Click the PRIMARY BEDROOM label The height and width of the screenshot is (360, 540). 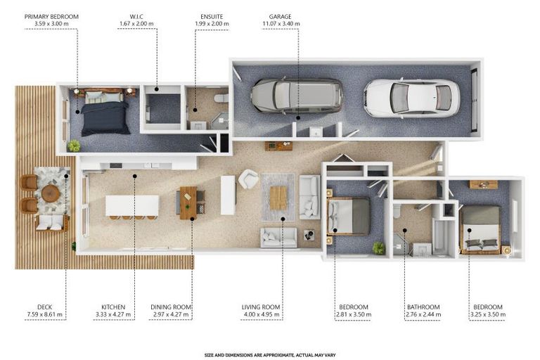[51, 15]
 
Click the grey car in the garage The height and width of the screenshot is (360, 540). [297, 96]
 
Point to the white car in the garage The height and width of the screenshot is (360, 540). [411, 97]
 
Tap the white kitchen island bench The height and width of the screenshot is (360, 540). [132, 205]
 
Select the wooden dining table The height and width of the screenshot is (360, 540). [188, 202]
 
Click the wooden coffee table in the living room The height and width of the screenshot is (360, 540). [278, 198]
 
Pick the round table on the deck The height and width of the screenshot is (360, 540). [51, 193]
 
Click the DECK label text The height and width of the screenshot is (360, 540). [44, 307]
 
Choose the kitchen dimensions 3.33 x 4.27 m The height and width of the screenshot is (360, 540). [112, 315]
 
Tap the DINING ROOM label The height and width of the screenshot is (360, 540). [172, 307]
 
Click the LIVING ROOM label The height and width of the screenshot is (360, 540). [262, 307]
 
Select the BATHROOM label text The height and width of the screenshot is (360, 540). [423, 307]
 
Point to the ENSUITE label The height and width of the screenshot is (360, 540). [212, 15]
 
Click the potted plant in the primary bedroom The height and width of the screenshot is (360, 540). [74, 146]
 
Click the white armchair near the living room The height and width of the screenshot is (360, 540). [248, 179]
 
